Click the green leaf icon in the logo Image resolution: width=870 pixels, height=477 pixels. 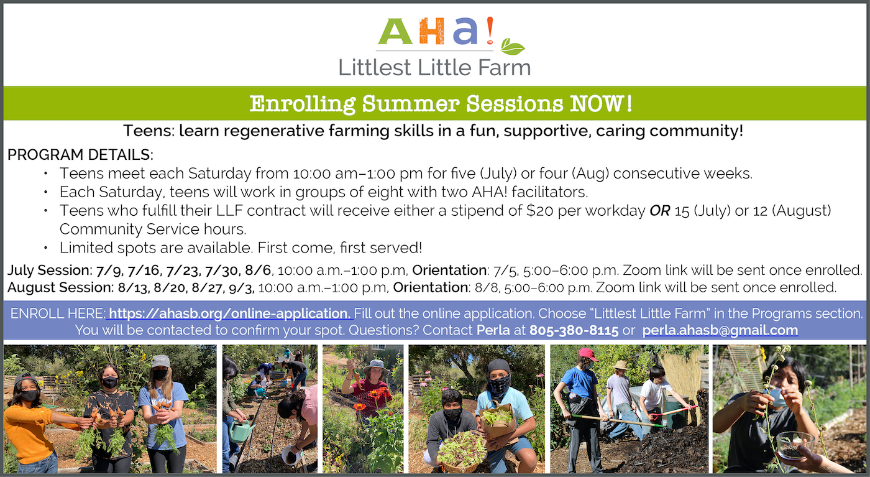point(512,47)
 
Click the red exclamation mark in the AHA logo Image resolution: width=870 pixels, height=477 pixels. point(490,30)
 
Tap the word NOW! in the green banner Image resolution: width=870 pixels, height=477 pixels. point(602,103)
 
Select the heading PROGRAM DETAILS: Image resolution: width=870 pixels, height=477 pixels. point(80,154)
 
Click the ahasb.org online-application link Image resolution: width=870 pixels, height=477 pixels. point(229,313)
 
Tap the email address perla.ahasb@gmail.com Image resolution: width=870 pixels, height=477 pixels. point(720,330)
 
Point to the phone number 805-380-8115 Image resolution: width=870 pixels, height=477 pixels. point(574,330)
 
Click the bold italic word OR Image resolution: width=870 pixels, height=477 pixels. point(660,211)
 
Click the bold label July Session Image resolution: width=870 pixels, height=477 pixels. point(49,270)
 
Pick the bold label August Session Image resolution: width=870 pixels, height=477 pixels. point(60,287)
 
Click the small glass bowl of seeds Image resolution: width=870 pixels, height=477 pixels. point(795,446)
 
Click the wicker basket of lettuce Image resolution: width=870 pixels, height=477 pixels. point(461,452)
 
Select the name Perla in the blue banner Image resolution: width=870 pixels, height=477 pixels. point(493,330)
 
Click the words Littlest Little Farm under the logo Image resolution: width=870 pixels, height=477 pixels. point(434,67)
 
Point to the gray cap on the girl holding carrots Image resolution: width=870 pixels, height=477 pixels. point(160,361)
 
